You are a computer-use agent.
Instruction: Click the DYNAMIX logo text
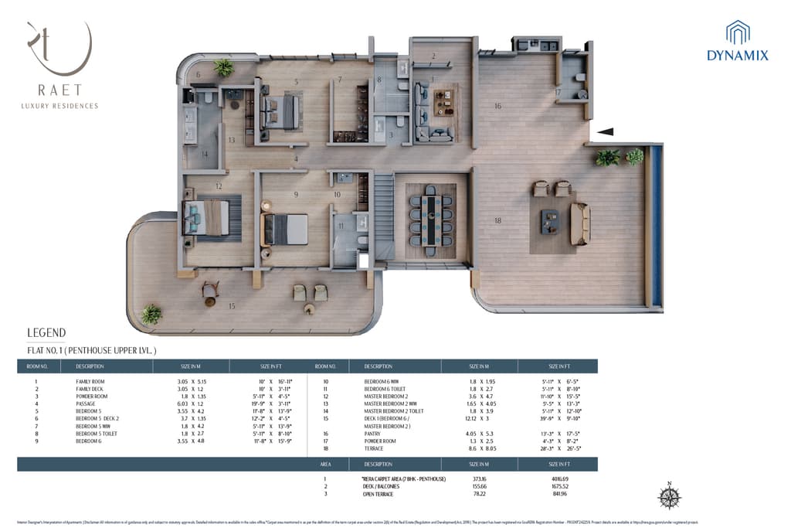pos(738,55)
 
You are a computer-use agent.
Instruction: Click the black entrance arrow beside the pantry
pos(605,132)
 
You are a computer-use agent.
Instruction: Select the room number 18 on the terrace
pos(497,221)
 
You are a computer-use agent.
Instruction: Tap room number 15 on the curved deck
pos(231,306)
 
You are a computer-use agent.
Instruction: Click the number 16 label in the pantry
pos(498,106)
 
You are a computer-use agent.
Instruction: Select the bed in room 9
pos(287,229)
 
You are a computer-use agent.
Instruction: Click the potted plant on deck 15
pos(151,314)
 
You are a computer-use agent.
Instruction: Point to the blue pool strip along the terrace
pos(656,226)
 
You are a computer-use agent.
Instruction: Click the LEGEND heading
pos(46,333)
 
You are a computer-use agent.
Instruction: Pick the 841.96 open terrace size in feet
pos(557,493)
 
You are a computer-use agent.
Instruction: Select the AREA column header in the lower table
pos(324,465)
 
